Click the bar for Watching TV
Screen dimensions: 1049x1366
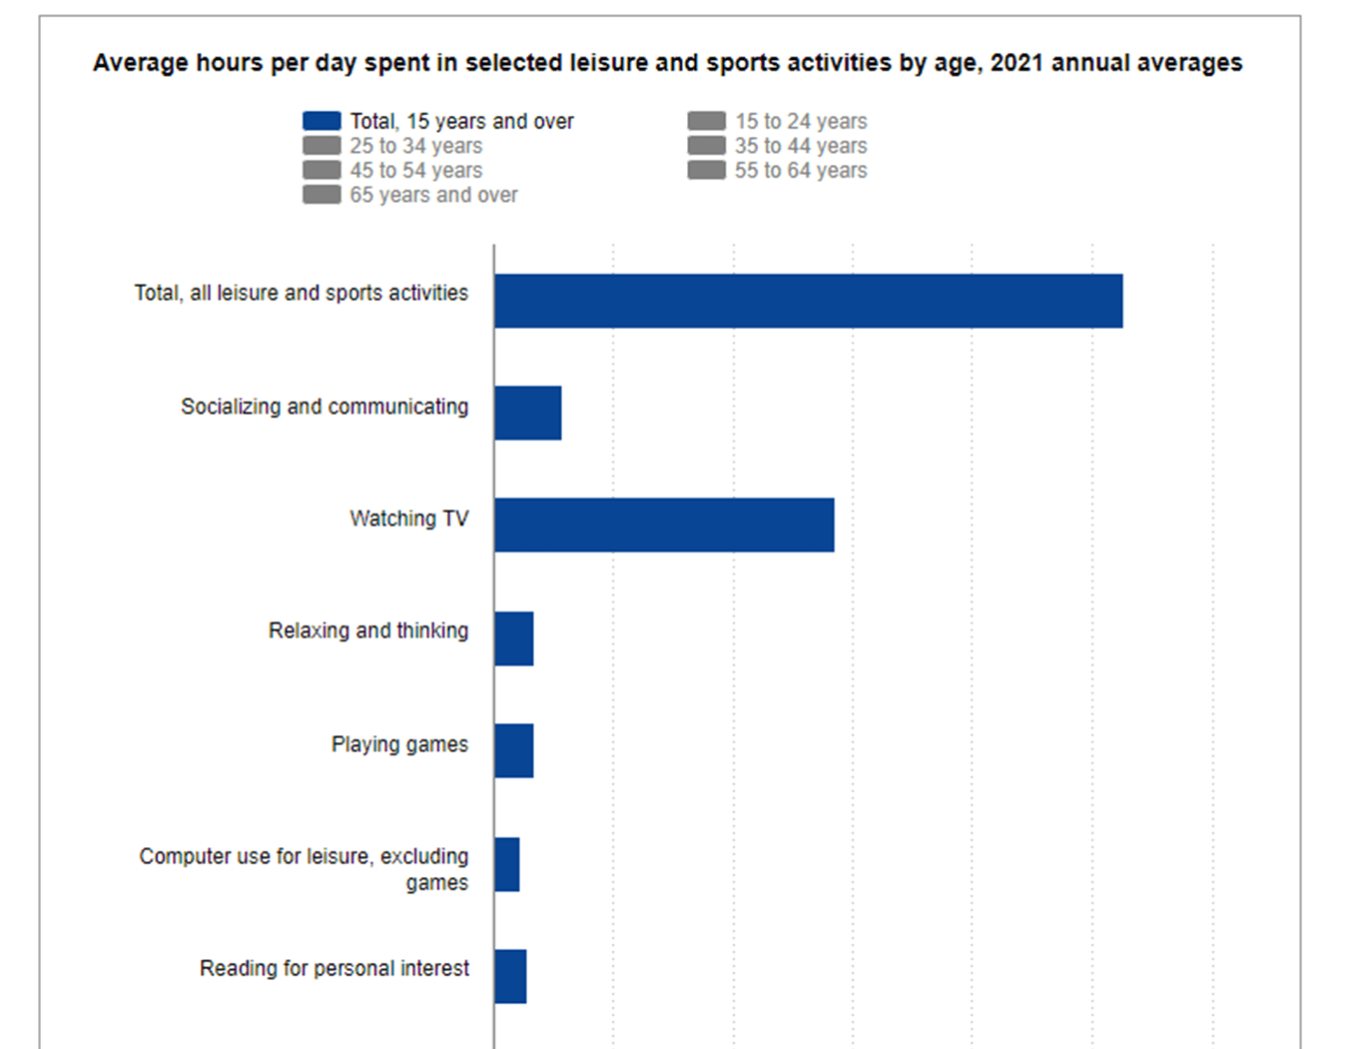coord(664,524)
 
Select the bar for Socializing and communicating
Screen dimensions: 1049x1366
coord(527,413)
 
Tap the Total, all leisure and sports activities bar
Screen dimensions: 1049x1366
coord(808,301)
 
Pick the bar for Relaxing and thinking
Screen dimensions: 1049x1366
coord(513,638)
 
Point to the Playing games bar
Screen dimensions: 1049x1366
coord(513,750)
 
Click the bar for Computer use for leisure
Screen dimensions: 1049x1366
coord(506,864)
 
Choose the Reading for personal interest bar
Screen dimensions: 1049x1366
coord(510,976)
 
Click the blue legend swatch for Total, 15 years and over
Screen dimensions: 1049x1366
coord(322,121)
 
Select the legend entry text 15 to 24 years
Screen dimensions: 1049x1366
coord(801,121)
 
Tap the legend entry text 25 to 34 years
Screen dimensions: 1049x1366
coord(415,146)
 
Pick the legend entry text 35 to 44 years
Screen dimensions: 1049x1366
coord(801,146)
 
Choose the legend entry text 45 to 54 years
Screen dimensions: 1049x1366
coord(415,171)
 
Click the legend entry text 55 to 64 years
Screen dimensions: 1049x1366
coord(801,171)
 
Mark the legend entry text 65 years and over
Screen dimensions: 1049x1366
coord(433,195)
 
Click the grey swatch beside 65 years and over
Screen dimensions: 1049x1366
coord(322,195)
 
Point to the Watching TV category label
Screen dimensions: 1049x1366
coord(408,519)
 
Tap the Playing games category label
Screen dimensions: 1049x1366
coord(399,744)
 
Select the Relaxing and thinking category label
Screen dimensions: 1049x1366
coord(367,630)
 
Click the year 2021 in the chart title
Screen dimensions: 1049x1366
coord(1017,63)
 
